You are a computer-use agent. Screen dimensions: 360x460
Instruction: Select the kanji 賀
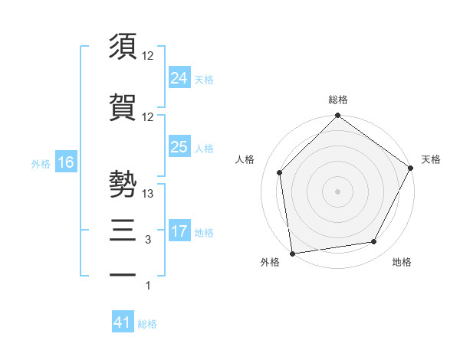pyautogui.click(x=123, y=106)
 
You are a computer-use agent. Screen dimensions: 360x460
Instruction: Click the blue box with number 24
pyautogui.click(x=179, y=77)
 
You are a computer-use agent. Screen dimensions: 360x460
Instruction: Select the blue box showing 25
pyautogui.click(x=179, y=146)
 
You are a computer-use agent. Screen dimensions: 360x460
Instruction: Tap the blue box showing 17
pyautogui.click(x=179, y=231)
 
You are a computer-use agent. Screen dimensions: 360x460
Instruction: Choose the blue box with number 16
pyautogui.click(x=66, y=162)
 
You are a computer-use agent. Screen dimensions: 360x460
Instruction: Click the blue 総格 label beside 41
pyautogui.click(x=147, y=324)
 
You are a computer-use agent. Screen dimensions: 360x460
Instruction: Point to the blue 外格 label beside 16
pyautogui.click(x=40, y=163)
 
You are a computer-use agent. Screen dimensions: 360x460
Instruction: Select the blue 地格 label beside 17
pyautogui.click(x=204, y=232)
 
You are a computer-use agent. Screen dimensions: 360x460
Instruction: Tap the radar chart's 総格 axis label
pyautogui.click(x=338, y=100)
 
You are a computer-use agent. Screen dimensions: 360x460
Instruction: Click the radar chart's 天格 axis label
pyautogui.click(x=431, y=159)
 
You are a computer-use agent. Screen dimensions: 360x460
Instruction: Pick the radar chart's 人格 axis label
pyautogui.click(x=245, y=159)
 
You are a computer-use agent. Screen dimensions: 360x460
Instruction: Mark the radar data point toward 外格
pyautogui.click(x=292, y=253)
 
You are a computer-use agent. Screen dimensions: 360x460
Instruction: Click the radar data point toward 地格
pyautogui.click(x=374, y=241)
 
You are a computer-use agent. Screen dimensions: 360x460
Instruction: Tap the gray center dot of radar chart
pyautogui.click(x=338, y=191)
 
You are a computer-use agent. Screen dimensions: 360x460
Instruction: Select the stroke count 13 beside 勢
pyautogui.click(x=148, y=195)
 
